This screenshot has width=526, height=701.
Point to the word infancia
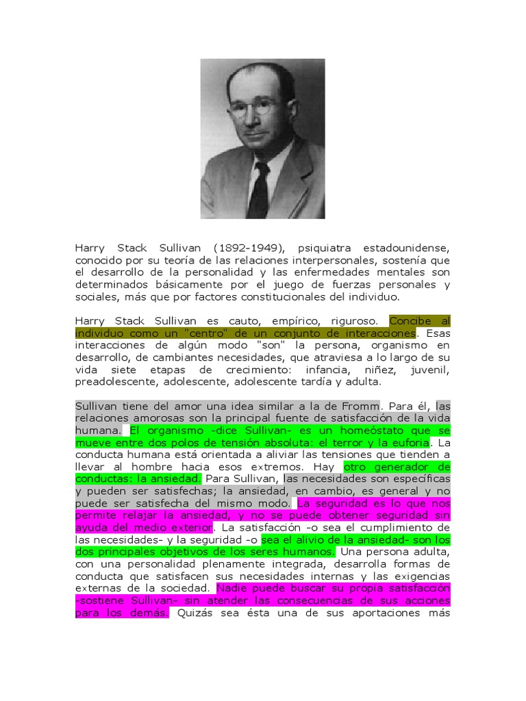[x=332, y=370]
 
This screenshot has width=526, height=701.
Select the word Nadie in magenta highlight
[x=231, y=589]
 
